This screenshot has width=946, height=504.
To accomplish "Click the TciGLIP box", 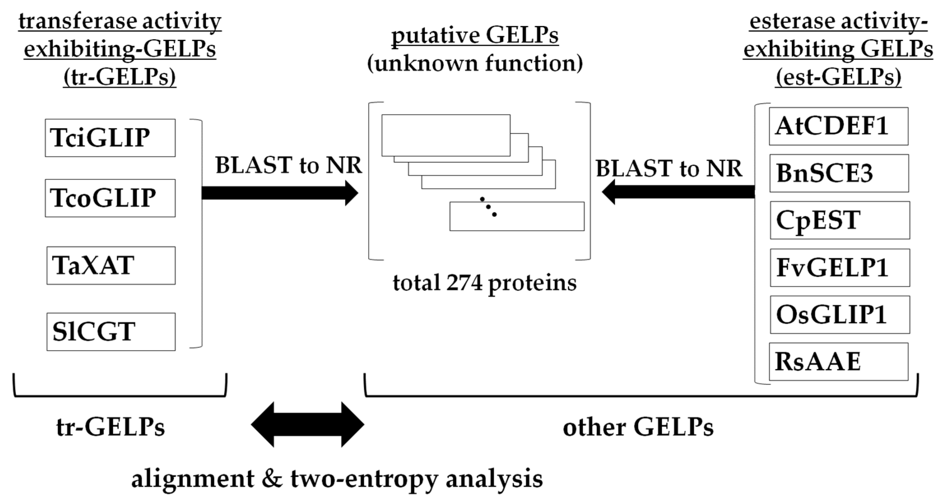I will (x=110, y=138).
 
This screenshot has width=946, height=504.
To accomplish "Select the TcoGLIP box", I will (x=110, y=198).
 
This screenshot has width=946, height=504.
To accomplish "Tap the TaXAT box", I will (x=111, y=265).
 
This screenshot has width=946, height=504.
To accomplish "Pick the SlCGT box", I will (x=111, y=332).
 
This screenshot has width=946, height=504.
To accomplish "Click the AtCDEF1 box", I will (x=839, y=126).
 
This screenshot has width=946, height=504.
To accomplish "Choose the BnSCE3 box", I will (x=839, y=173).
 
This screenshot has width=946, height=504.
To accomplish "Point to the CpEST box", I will (x=840, y=220).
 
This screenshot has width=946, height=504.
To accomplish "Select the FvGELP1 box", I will (x=840, y=268).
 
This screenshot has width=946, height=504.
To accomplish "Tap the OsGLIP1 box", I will (x=840, y=315).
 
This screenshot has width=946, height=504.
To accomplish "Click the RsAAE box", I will (x=839, y=362).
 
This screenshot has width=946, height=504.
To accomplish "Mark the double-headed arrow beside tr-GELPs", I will (x=307, y=424).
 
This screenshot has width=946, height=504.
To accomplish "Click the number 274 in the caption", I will (x=464, y=283).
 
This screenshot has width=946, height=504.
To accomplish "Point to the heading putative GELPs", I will (x=475, y=36).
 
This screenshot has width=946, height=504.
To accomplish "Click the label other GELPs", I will (x=638, y=427).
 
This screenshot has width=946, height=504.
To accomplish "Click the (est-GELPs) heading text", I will (x=838, y=77).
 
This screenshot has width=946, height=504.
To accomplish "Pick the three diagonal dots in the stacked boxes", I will (x=488, y=207).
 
